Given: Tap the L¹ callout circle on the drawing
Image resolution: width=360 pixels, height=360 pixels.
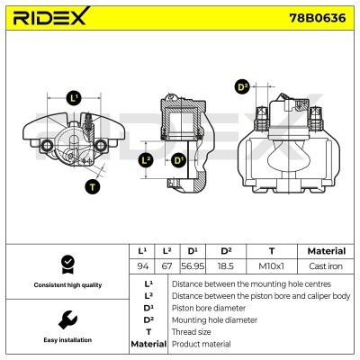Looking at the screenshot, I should click(x=74, y=97).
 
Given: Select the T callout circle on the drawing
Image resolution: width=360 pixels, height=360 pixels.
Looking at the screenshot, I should click(x=92, y=187).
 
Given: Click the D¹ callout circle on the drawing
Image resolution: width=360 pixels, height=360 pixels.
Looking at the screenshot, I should click(x=178, y=161).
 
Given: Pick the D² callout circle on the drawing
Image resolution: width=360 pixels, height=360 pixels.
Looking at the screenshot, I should click(x=241, y=87).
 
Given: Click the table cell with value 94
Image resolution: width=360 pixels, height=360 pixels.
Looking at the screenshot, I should click(x=141, y=266).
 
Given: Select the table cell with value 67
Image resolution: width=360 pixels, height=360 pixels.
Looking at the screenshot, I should click(x=167, y=266).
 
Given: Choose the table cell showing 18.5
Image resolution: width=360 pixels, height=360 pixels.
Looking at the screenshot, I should click(x=226, y=266).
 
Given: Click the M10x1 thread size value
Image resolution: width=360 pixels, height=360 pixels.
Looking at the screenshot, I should click(x=271, y=266).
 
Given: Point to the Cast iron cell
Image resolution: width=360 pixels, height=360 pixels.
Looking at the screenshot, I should click(x=326, y=266).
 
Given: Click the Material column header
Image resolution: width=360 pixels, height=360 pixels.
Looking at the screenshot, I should click(x=326, y=251).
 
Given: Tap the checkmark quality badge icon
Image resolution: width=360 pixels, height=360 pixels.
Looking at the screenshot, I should click(x=66, y=263).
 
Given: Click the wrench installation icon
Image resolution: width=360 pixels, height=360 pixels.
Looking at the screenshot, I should click(x=66, y=319).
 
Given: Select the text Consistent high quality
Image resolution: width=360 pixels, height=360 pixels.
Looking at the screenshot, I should click(x=66, y=284).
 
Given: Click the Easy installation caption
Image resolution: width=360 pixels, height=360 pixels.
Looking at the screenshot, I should click(x=66, y=340).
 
